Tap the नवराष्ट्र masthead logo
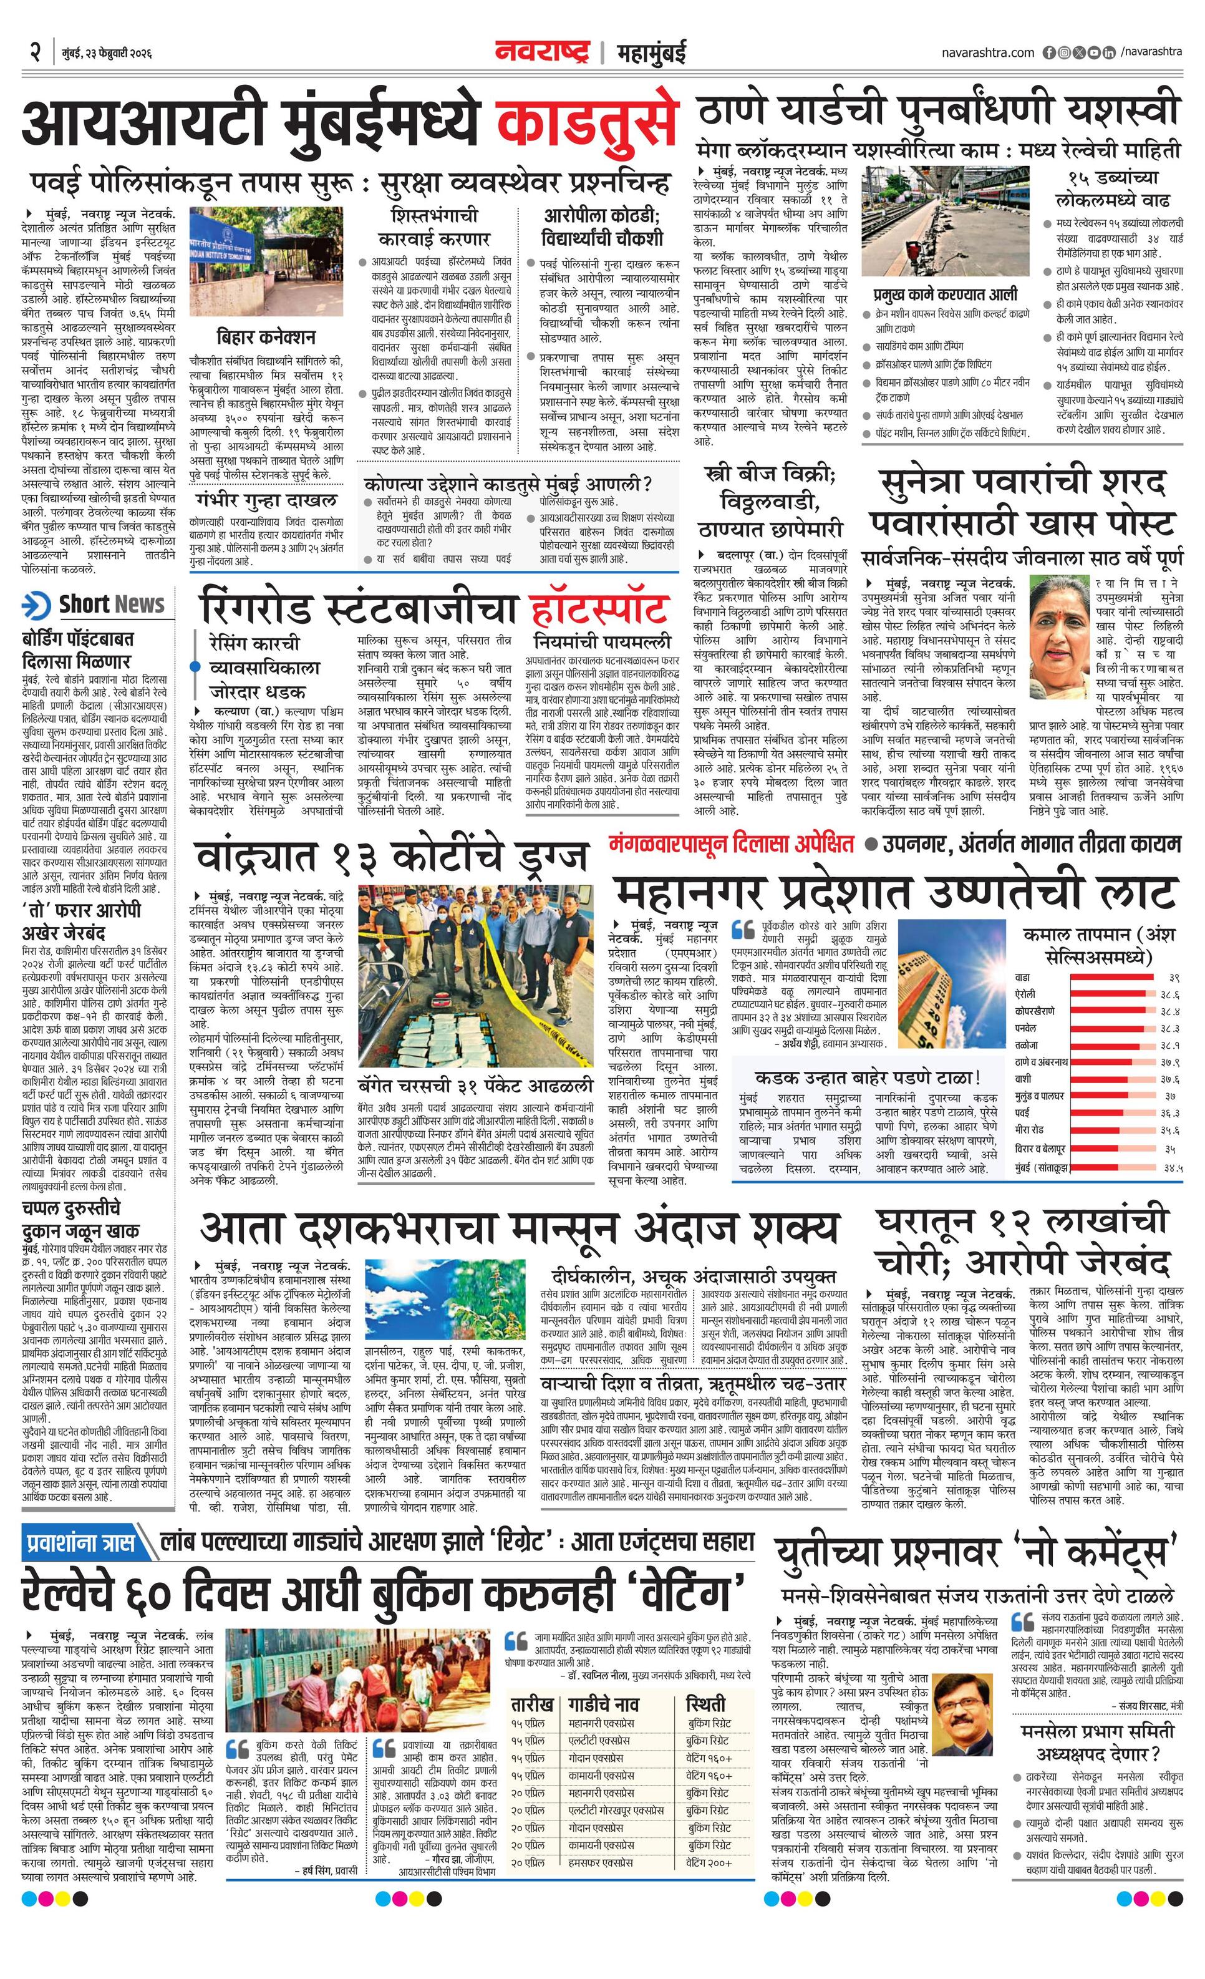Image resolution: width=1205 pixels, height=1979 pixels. pyautogui.click(x=542, y=53)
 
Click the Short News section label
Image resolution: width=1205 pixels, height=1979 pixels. pyautogui.click(x=111, y=604)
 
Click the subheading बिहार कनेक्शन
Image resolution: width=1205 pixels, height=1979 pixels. pyautogui.click(x=266, y=338)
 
